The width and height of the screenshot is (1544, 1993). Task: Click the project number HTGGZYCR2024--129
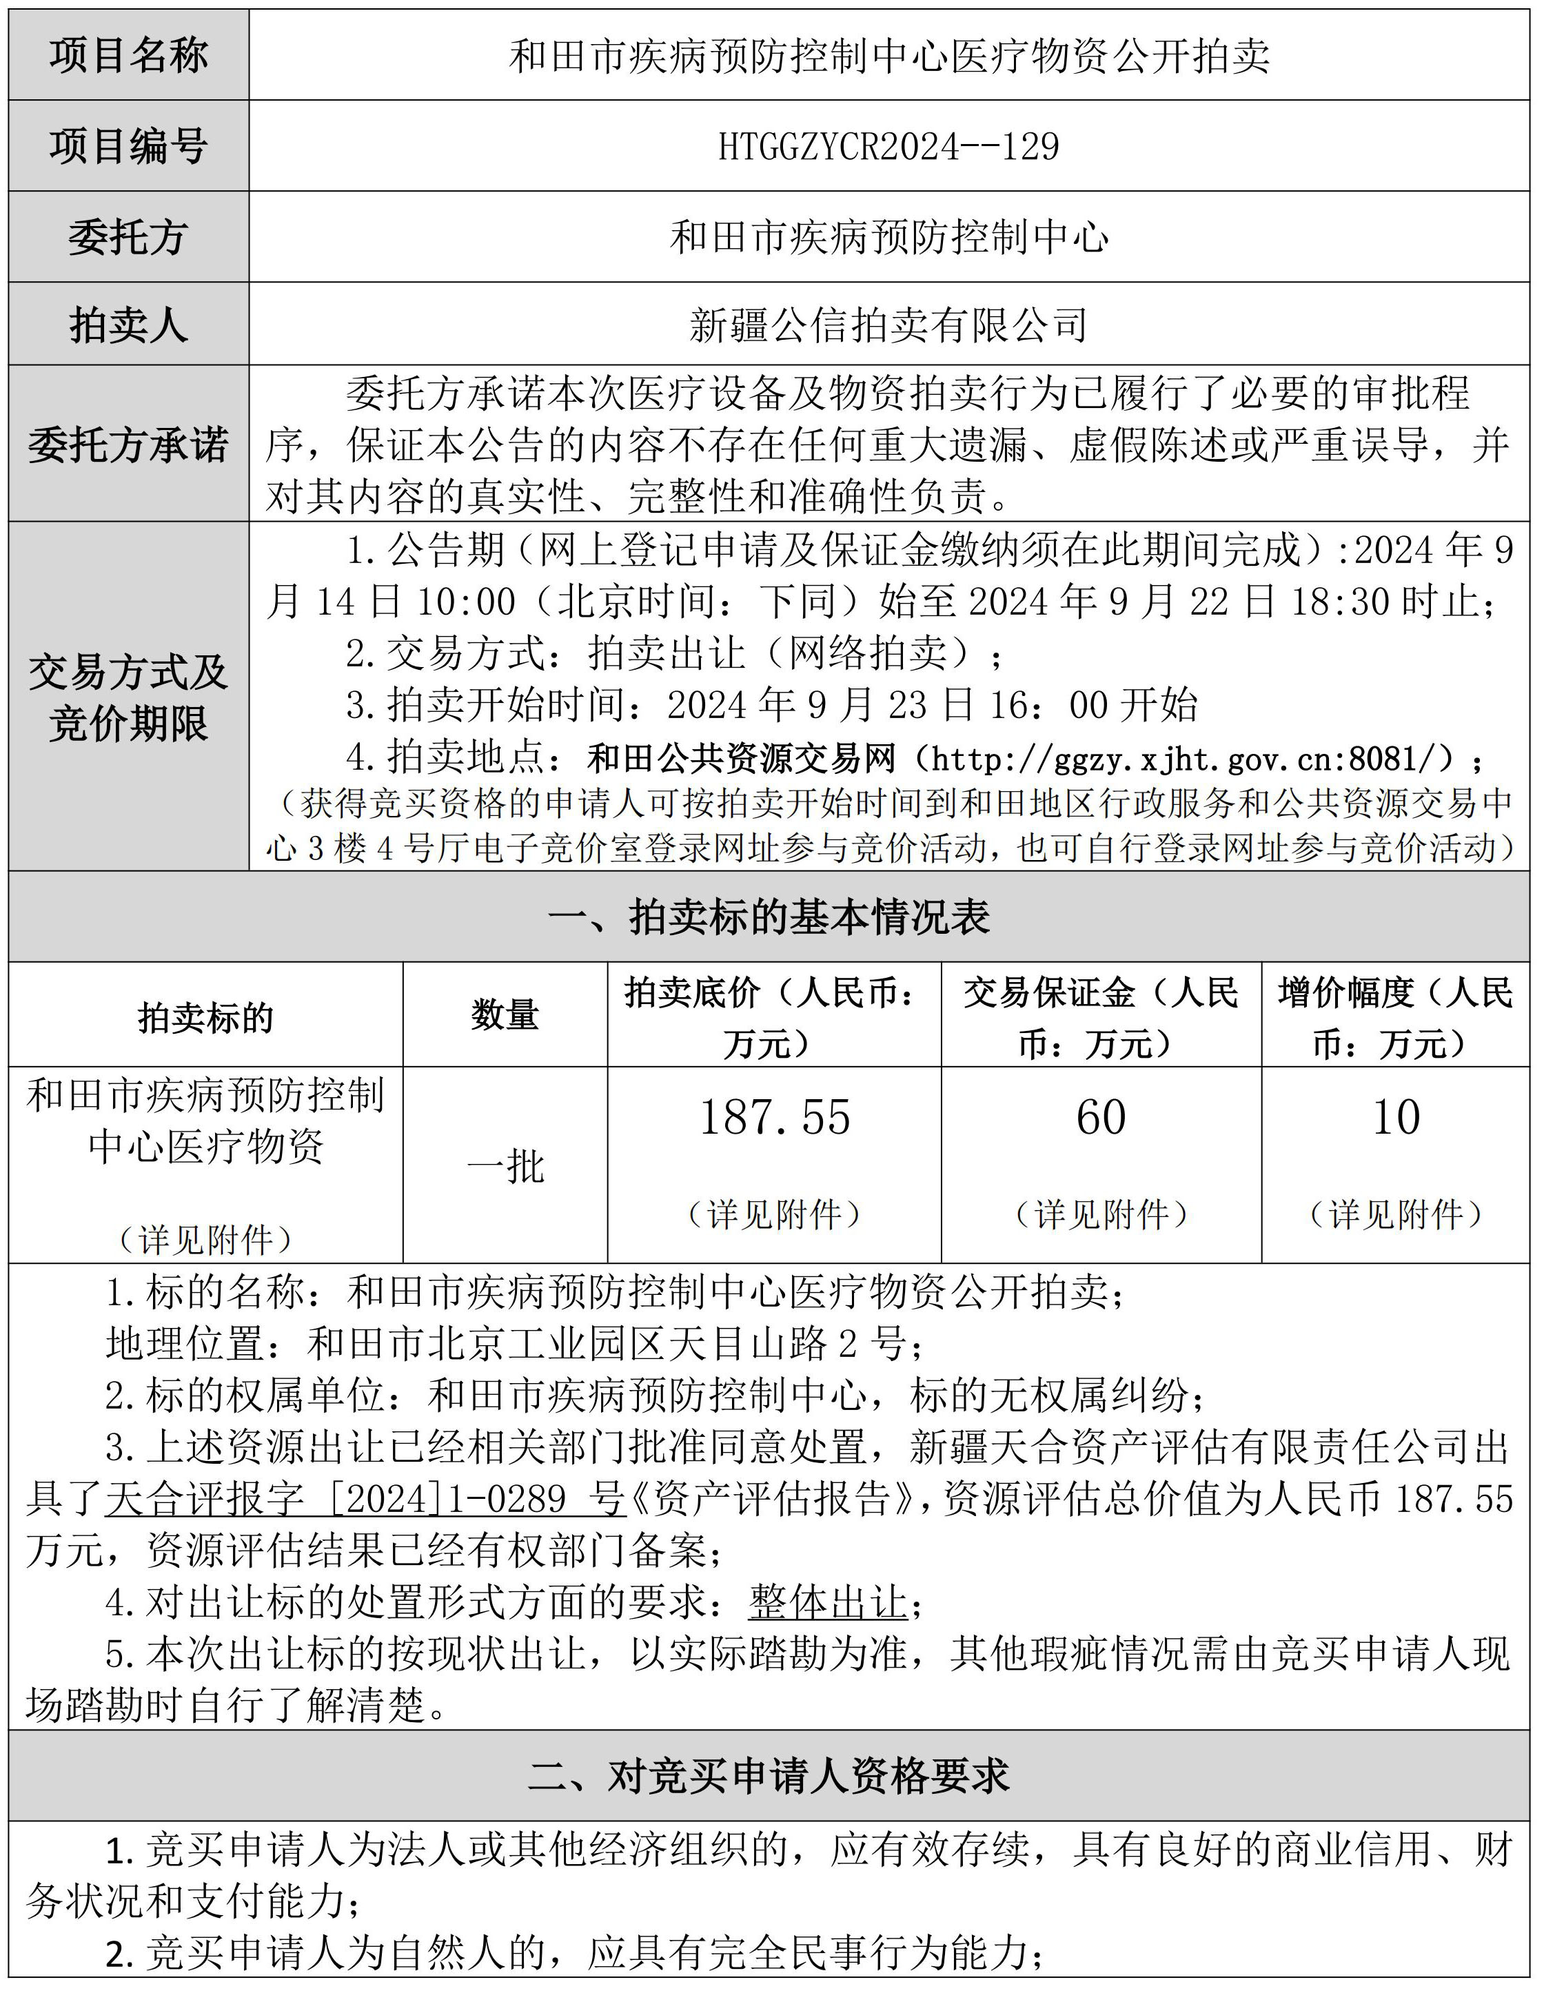click(888, 146)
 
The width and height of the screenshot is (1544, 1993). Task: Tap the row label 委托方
click(129, 237)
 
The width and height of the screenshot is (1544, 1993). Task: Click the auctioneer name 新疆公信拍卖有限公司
click(888, 325)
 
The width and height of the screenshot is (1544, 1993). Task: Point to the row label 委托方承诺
click(129, 444)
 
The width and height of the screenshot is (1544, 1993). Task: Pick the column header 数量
click(505, 1014)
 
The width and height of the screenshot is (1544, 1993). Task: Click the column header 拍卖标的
click(205, 1016)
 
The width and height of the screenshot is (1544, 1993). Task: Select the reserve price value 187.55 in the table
click(774, 1118)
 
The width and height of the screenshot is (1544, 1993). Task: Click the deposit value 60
click(1101, 1118)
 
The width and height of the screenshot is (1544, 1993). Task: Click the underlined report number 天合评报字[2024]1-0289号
click(365, 1498)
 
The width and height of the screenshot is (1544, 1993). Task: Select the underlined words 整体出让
click(828, 1602)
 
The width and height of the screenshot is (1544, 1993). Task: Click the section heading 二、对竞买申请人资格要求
click(769, 1776)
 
